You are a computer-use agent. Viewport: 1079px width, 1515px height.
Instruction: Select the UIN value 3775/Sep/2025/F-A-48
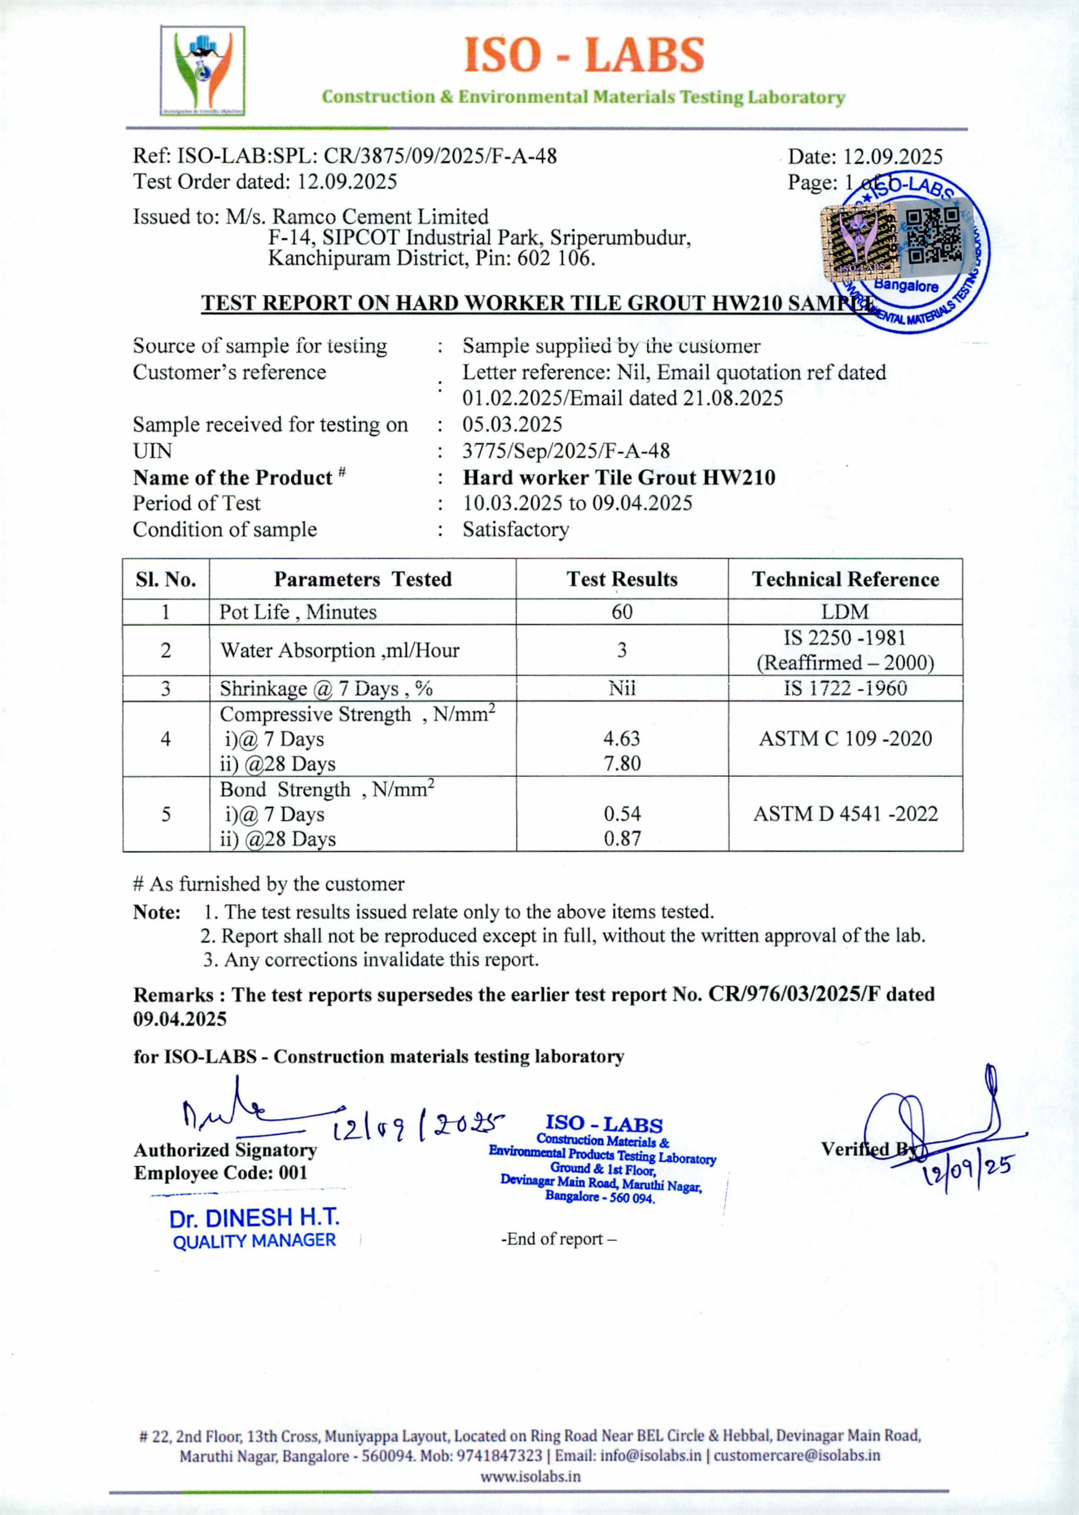(566, 451)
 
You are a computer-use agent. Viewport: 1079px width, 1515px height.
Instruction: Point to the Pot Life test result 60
(622, 612)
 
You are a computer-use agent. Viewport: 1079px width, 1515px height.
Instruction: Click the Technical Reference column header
(845, 579)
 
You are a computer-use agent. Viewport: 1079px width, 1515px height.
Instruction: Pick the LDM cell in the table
(845, 612)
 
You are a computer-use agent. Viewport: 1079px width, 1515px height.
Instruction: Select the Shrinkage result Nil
(622, 688)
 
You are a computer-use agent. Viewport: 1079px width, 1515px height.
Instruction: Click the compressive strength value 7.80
(622, 763)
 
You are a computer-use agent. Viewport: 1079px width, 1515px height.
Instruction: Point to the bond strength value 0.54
(622, 814)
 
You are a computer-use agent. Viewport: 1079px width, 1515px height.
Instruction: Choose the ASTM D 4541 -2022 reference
(845, 814)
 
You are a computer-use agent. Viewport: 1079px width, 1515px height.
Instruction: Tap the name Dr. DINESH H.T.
(255, 1218)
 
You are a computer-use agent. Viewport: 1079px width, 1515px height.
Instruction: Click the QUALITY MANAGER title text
(255, 1240)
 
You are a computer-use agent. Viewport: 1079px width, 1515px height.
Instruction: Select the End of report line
(558, 1239)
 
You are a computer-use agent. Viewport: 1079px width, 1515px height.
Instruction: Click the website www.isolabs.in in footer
(530, 1477)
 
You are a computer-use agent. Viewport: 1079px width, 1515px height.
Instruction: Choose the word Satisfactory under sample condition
(516, 530)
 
